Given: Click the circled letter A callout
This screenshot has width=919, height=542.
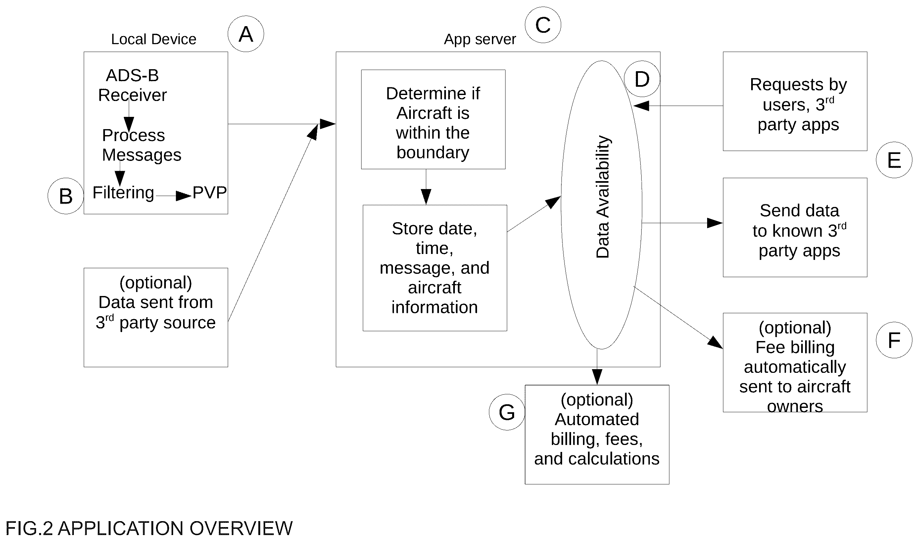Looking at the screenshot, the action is (x=246, y=34).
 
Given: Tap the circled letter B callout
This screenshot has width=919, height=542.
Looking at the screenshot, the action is (x=66, y=196).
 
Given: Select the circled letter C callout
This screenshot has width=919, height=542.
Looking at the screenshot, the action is (x=543, y=25).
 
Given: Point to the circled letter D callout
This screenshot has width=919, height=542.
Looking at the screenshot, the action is (x=642, y=79).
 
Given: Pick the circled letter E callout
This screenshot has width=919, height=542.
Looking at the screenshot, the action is (x=894, y=160).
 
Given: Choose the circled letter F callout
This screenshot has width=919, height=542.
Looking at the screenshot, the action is (x=894, y=340).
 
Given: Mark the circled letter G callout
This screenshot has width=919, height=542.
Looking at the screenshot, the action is (x=507, y=412).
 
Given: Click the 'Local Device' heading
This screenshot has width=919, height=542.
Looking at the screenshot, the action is (x=154, y=39).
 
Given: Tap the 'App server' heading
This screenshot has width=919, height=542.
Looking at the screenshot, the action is (x=480, y=39).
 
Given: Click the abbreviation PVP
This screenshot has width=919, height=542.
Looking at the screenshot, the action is (x=209, y=192).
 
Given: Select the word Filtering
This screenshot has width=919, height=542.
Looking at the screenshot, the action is (x=123, y=193).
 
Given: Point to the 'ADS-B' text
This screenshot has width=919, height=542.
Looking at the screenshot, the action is (x=132, y=75).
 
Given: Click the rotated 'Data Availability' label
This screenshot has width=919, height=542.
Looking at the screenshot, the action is (x=603, y=197).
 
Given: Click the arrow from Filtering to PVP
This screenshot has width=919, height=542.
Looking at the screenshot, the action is (x=174, y=196).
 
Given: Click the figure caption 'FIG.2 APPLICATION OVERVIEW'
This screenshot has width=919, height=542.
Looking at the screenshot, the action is (x=149, y=528).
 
